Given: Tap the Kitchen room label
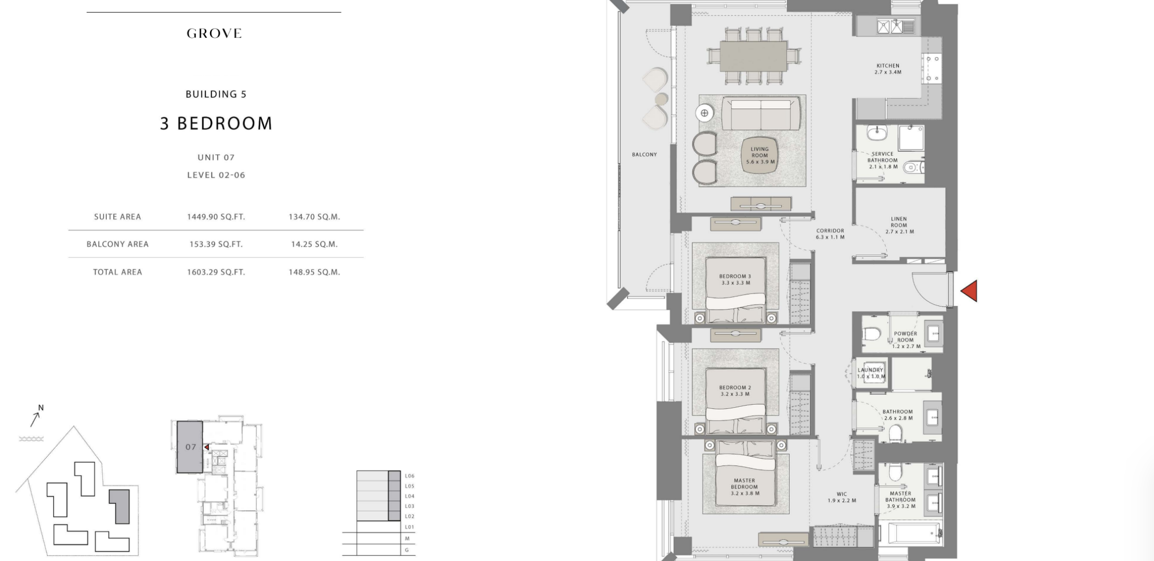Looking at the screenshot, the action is pyautogui.click(x=888, y=69).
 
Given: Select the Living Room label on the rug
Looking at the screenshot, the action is pyautogui.click(x=760, y=155).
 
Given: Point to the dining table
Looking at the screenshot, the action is pyautogui.click(x=754, y=56).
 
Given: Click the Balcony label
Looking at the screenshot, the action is pyautogui.click(x=645, y=154).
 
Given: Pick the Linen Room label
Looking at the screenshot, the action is pyautogui.click(x=899, y=225).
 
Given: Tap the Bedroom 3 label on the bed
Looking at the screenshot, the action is pyautogui.click(x=736, y=279).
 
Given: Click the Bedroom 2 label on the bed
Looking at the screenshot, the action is pyautogui.click(x=735, y=391).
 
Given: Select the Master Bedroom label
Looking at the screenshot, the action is pyautogui.click(x=744, y=487).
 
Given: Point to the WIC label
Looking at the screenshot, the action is pyautogui.click(x=842, y=498).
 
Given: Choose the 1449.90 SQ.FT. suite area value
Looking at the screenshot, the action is pyautogui.click(x=216, y=217).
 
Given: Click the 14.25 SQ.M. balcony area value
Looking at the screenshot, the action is pyautogui.click(x=314, y=244).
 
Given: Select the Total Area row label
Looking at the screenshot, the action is pyautogui.click(x=117, y=272).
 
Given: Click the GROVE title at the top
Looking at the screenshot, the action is pyautogui.click(x=214, y=34).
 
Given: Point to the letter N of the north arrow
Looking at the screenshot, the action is pyautogui.click(x=41, y=408).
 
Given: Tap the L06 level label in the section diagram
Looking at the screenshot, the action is pyautogui.click(x=410, y=476).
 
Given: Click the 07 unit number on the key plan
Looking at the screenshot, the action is pyautogui.click(x=191, y=447).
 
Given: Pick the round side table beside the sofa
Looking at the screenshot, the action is pyautogui.click(x=704, y=113).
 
